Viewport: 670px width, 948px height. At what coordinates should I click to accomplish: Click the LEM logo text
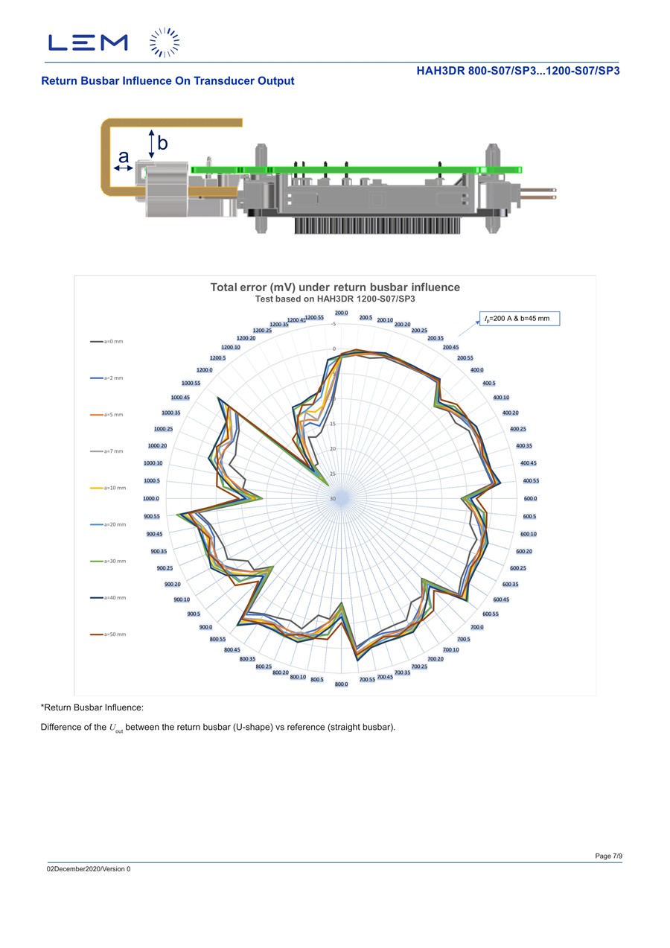point(88,42)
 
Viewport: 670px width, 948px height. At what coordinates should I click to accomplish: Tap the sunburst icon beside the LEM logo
point(165,42)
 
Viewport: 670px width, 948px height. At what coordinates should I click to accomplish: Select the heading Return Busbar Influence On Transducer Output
point(167,81)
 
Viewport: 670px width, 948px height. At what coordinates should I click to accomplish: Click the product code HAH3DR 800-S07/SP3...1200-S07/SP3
point(518,71)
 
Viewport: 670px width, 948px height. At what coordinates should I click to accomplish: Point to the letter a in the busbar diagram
point(124,157)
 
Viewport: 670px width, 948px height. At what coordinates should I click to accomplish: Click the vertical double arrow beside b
point(151,144)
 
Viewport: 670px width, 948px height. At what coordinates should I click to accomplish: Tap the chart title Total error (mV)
point(335,287)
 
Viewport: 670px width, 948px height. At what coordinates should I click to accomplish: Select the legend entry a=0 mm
point(107,342)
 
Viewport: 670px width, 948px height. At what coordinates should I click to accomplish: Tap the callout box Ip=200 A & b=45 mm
point(517,319)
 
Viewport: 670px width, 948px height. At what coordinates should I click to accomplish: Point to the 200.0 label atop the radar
point(342,314)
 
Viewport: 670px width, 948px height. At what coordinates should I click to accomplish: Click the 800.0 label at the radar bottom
point(342,684)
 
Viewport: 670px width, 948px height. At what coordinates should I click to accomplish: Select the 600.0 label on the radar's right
point(529,498)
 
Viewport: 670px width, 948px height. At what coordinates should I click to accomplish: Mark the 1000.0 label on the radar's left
point(151,498)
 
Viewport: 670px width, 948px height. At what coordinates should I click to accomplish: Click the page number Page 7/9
point(608,856)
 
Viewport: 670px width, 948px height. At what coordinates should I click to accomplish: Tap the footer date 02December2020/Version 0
point(89,869)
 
